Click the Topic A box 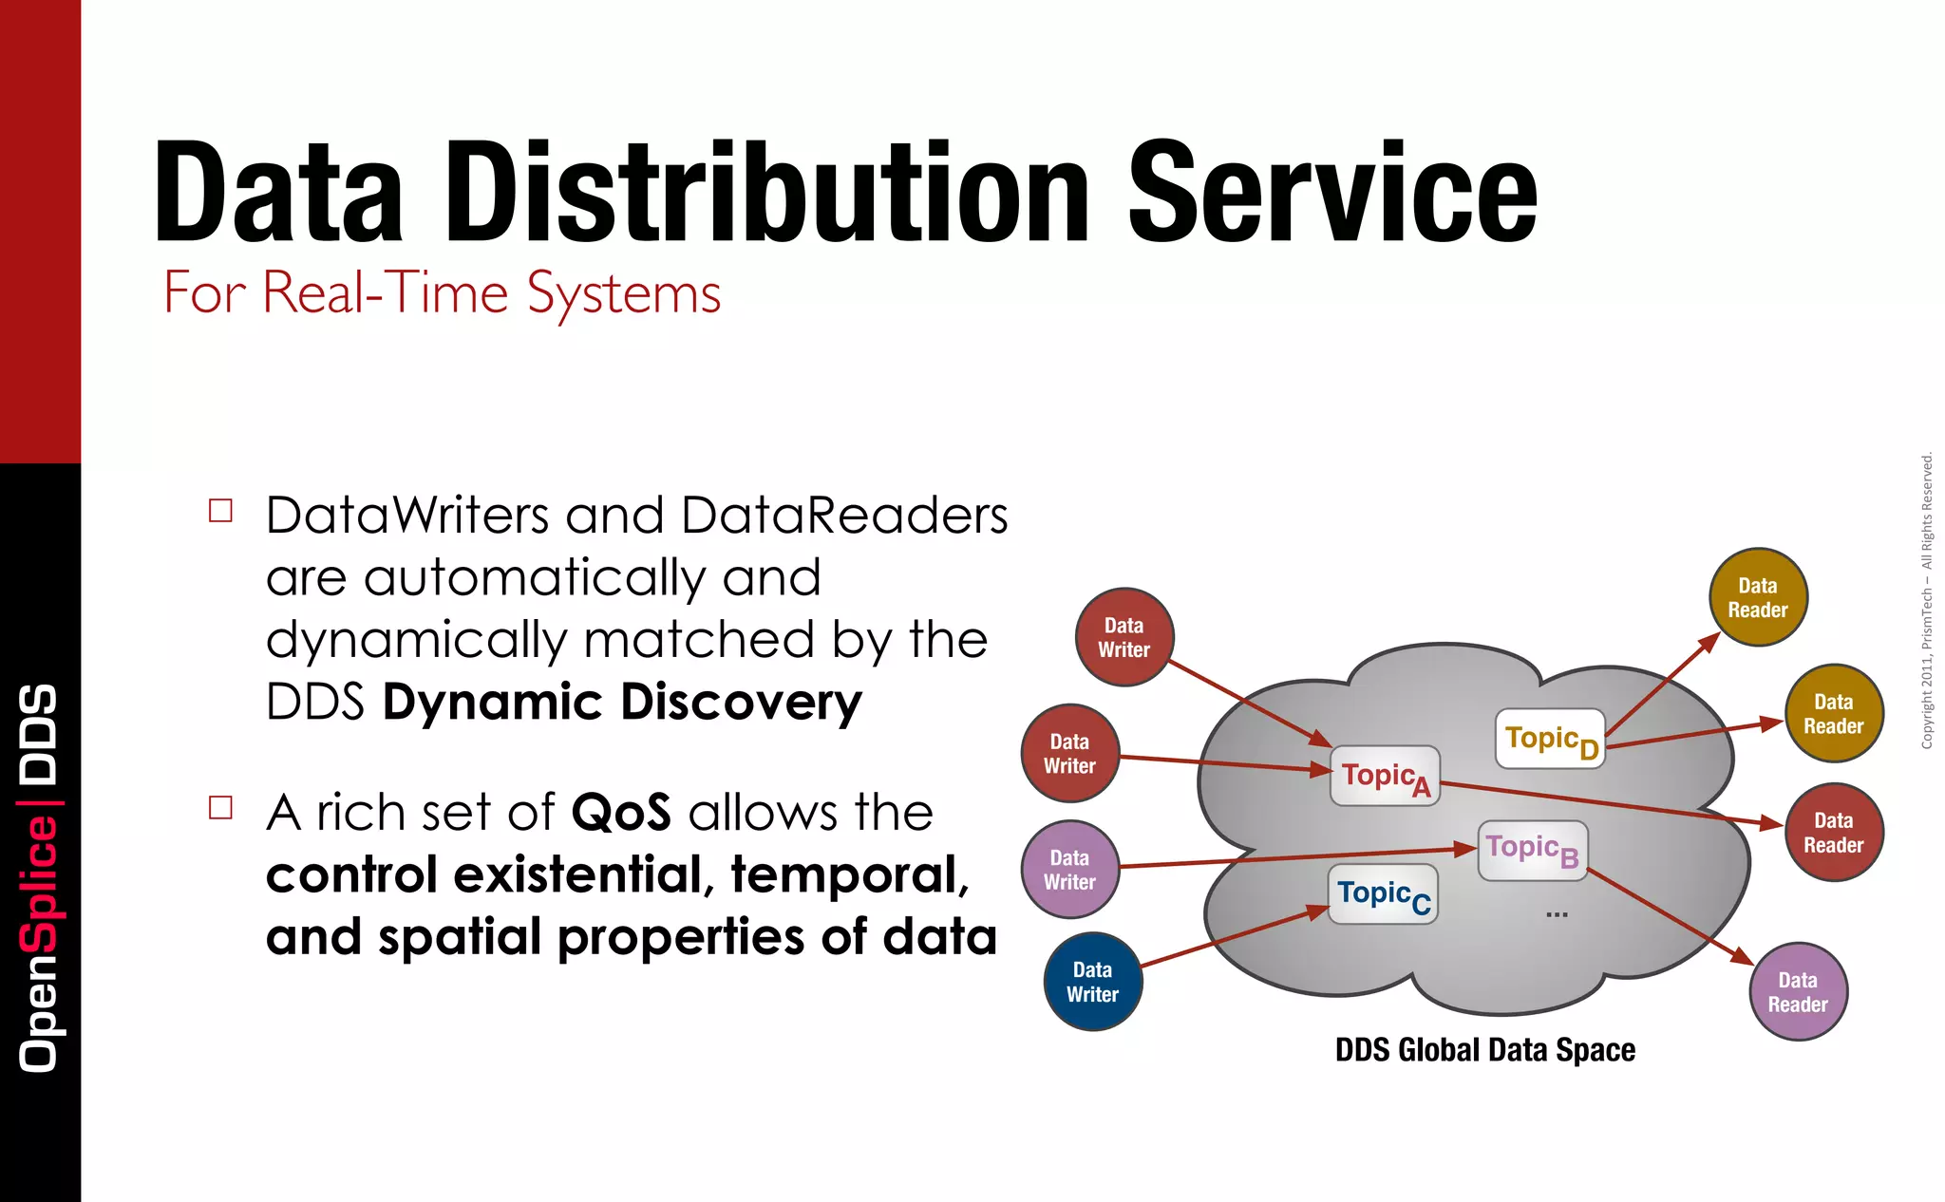(1385, 776)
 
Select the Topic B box (1532, 850)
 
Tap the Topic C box (1382, 894)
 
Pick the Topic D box (1550, 739)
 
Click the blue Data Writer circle (1092, 982)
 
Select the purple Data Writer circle (1069, 870)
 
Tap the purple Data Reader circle (1797, 992)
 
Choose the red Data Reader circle (1833, 833)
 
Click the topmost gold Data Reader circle (1757, 597)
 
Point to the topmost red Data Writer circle (1124, 637)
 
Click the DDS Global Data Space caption (1484, 1050)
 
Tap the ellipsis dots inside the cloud (1557, 914)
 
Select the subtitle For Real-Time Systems (442, 292)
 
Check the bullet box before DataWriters (220, 511)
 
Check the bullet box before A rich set (220, 807)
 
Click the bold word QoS (620, 814)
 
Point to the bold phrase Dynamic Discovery (622, 703)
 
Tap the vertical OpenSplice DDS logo (39, 878)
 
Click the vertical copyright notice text (1926, 600)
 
